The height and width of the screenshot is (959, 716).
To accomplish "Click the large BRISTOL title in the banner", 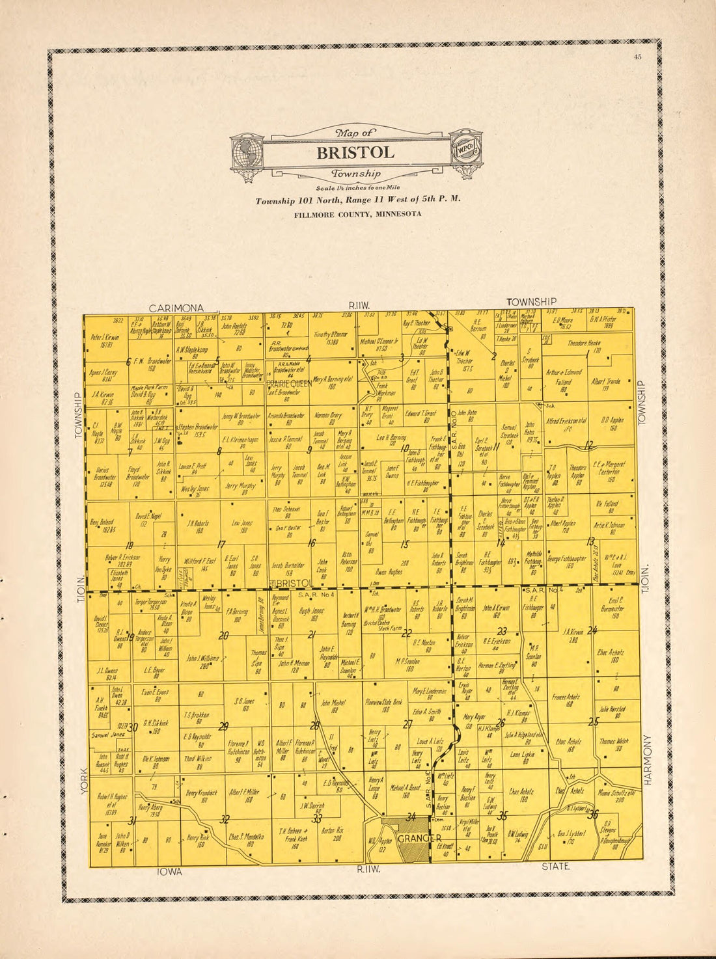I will click(355, 153).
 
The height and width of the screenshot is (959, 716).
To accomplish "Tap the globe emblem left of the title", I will click(247, 154).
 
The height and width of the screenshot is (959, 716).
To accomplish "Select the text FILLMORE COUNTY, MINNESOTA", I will click(357, 214).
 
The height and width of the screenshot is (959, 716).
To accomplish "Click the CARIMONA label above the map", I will click(176, 308).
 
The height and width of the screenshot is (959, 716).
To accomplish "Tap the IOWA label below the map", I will click(169, 871).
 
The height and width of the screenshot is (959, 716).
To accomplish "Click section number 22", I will click(407, 633).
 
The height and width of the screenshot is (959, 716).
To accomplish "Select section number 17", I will click(221, 545).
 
